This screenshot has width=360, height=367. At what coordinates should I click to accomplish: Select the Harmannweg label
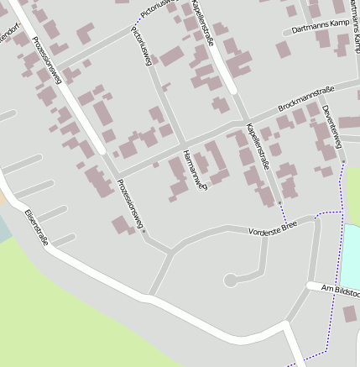click(x=193, y=169)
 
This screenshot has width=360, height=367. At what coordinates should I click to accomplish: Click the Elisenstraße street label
click(x=36, y=227)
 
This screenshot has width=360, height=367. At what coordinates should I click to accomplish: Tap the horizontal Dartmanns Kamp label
click(x=320, y=27)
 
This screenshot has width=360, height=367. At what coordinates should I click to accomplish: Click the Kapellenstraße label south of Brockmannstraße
click(x=258, y=146)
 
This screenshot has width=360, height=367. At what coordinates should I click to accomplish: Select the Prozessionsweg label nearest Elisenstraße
click(x=130, y=204)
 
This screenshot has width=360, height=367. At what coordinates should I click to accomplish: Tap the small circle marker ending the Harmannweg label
click(x=202, y=186)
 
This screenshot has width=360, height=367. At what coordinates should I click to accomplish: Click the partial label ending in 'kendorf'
click(x=8, y=40)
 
